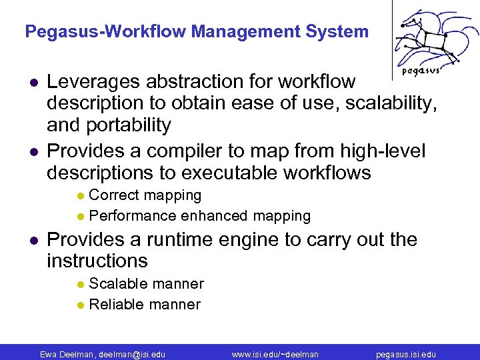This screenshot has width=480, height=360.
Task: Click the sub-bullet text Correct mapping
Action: coord(145,195)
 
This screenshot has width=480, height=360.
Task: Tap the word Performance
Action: coord(133,216)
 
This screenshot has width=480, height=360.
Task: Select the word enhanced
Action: coord(215,216)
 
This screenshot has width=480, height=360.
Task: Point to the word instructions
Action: coord(97,261)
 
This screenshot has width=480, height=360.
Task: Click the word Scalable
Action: coord(117,284)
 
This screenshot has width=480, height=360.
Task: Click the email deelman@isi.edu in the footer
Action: coord(131,354)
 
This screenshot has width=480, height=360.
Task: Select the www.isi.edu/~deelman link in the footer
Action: coord(275,354)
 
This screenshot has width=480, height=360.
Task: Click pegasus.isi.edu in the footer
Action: coord(406,354)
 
